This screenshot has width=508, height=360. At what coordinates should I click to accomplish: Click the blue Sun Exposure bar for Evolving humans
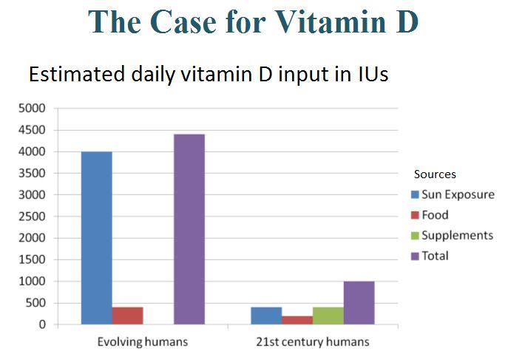(96, 238)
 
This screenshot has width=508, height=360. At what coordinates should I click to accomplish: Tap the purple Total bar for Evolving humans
(189, 229)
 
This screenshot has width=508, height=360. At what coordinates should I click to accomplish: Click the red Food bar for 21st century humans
(297, 320)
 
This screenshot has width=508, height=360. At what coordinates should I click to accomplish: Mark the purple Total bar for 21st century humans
(359, 303)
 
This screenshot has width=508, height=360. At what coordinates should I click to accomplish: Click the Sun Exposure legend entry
(453, 195)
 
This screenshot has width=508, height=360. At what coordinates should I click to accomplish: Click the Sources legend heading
(435, 174)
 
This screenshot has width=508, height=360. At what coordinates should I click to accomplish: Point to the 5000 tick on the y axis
(32, 109)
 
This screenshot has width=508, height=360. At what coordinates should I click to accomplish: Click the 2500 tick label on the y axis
(32, 217)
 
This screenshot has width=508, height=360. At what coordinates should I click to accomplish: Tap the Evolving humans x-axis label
(143, 342)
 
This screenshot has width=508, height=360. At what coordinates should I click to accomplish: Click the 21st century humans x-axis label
(313, 342)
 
